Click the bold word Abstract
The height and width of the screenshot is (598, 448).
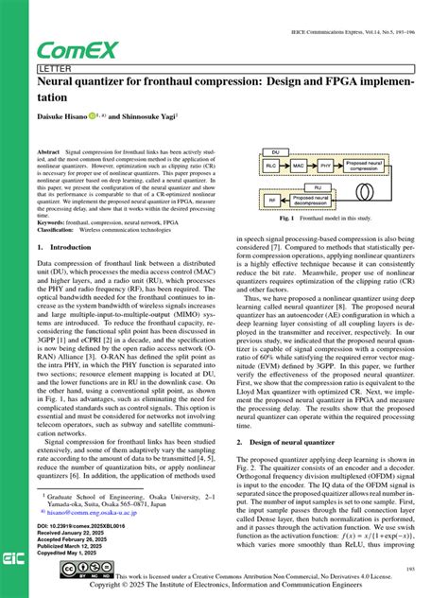pyautogui.click(x=48, y=151)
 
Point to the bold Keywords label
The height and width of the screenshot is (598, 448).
pyautogui.click(x=56, y=222)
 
